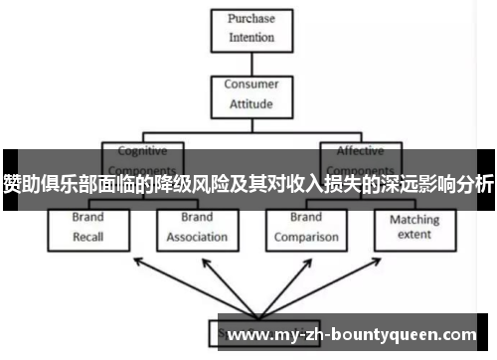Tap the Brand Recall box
click(87, 227)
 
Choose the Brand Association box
click(196, 227)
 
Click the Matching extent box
click(414, 227)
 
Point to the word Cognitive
click(142, 152)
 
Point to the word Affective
click(360, 152)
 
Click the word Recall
click(87, 237)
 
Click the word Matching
click(414, 219)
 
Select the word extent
click(414, 236)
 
